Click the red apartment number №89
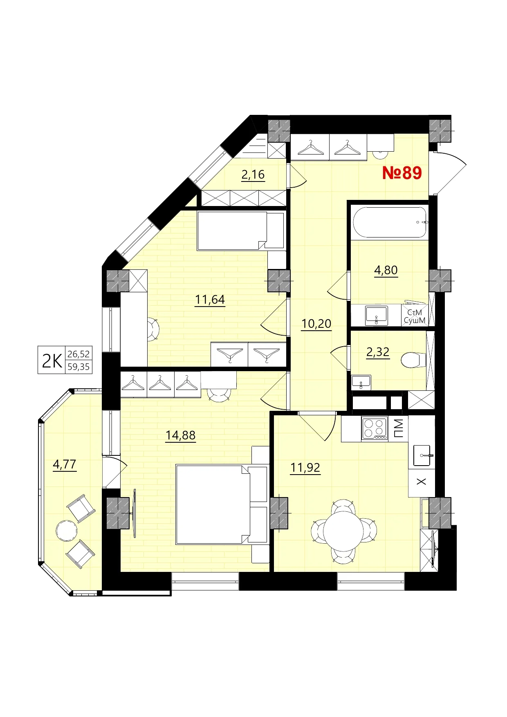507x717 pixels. [x=402, y=173]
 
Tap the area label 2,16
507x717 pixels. [x=253, y=175]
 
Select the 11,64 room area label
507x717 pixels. [x=210, y=300]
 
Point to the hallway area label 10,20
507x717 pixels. [x=316, y=324]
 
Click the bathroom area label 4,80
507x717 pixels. [x=386, y=270]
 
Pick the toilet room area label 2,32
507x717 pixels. [x=377, y=352]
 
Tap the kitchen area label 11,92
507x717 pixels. [x=305, y=467]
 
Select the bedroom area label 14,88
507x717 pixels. [x=180, y=435]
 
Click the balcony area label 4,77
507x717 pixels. [x=65, y=464]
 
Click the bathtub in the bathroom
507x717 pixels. [x=390, y=223]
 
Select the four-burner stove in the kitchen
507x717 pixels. [x=374, y=428]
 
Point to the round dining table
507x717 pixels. [x=343, y=531]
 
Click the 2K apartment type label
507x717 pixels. [x=52, y=361]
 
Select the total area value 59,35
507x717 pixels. [x=79, y=367]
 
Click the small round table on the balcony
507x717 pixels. [x=66, y=531]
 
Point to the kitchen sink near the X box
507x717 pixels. [x=422, y=455]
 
